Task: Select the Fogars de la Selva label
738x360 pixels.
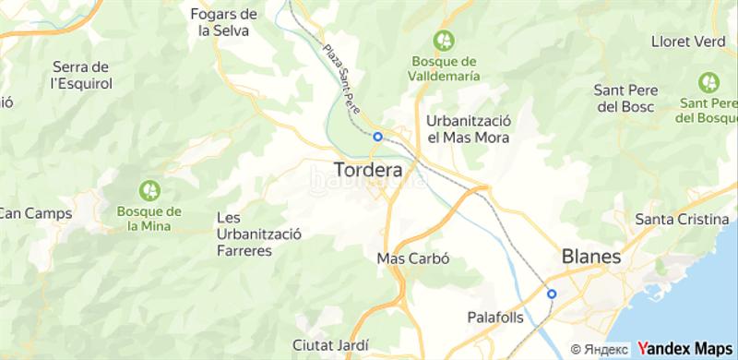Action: (223, 21)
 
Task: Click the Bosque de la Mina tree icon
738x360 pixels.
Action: (149, 190)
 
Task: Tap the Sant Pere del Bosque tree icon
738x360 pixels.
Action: (709, 80)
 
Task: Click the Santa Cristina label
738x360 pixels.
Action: (684, 219)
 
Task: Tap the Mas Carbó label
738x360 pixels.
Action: (412, 258)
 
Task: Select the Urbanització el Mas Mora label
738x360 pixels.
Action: (469, 129)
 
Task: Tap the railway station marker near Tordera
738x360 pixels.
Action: (377, 136)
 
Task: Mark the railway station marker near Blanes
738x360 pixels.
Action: (552, 294)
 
